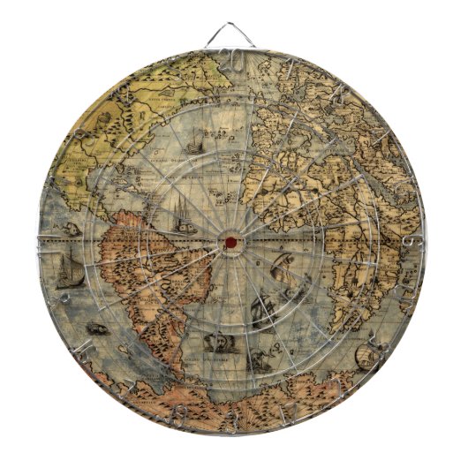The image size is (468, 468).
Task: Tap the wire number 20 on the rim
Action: (x=234, y=59)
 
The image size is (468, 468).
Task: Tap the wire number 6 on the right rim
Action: (x=412, y=241)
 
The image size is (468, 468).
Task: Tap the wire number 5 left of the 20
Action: (x=177, y=68)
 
